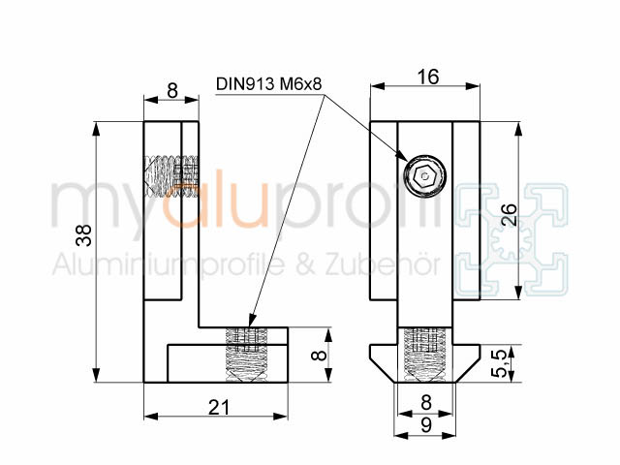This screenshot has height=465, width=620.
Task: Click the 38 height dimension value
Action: [84, 235]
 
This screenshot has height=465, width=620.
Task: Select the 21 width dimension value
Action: [219, 407]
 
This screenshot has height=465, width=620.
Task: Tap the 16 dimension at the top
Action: [428, 77]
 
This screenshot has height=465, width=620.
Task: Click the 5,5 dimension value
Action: [501, 362]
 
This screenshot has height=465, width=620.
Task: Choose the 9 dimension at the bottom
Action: [426, 425]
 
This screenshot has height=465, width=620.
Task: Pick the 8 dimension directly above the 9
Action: [426, 403]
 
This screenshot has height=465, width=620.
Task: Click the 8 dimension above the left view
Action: [172, 91]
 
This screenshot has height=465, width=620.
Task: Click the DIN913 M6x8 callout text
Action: [269, 84]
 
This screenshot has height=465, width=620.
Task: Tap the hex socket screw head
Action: [424, 175]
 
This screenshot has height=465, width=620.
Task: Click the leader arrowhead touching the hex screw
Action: [402, 155]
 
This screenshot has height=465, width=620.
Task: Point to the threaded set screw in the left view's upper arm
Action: [171, 175]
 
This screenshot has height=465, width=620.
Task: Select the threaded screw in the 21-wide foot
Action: [247, 355]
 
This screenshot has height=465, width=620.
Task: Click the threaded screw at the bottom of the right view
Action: [424, 355]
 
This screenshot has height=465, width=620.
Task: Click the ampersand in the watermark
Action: [305, 264]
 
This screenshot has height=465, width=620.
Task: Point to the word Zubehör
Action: [383, 264]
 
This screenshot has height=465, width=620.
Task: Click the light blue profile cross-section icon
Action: [511, 240]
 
